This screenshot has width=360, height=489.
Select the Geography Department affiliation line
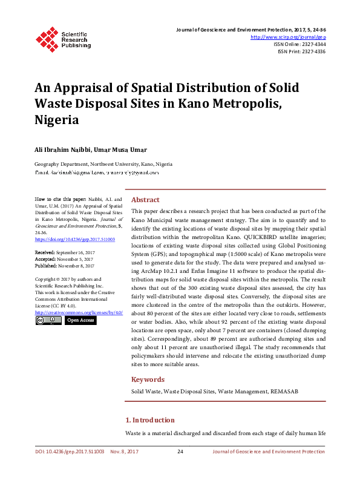[x=103, y=164]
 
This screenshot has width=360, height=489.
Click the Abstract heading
[x=146, y=200]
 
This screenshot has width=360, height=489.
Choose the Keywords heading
[x=148, y=379]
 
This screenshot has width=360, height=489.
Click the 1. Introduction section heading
[x=149, y=420]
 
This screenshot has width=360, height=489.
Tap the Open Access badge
[x=80, y=320]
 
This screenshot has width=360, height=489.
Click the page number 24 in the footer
[x=180, y=451]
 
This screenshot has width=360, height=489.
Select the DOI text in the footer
[x=70, y=451]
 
